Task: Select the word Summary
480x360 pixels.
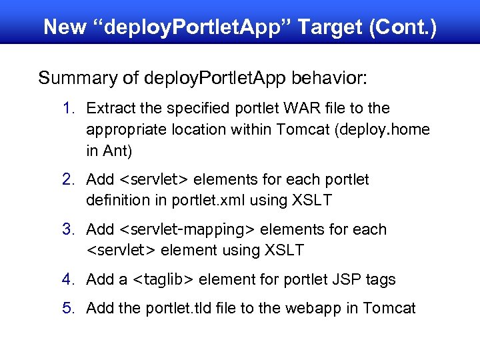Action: coord(76,78)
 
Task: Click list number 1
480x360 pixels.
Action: coord(69,108)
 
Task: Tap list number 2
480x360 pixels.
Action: coord(69,179)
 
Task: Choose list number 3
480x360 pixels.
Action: coord(69,229)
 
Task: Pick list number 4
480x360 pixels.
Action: coord(69,279)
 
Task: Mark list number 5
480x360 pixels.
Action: coord(69,308)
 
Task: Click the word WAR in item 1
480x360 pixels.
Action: coord(295,108)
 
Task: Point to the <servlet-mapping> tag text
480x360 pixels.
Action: coord(187,229)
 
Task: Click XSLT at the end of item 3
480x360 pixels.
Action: coord(284,251)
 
